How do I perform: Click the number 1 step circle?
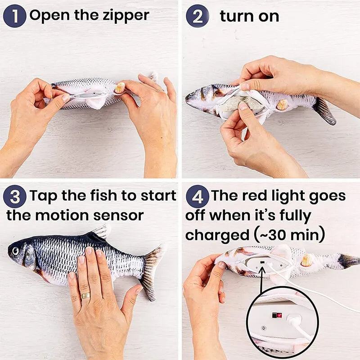point(15,16)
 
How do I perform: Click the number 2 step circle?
point(198,16)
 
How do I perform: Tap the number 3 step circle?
point(15,197)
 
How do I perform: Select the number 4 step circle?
point(198,197)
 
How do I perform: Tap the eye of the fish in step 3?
point(16,251)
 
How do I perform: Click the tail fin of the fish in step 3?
point(151,270)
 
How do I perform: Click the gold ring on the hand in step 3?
point(85,295)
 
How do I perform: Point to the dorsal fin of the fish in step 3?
point(100,232)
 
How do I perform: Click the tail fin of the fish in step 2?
point(325,110)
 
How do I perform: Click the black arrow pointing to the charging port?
point(261,279)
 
